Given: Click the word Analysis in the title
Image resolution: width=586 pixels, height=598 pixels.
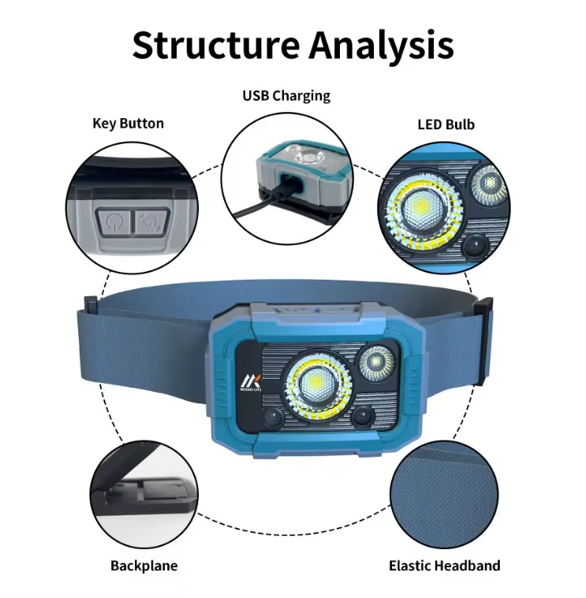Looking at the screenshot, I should tap(382, 45).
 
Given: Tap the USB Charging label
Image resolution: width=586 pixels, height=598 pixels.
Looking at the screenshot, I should tap(286, 96).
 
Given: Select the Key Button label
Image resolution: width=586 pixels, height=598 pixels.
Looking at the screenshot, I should tap(128, 123).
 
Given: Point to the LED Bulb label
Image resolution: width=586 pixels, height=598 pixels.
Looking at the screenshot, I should tap(446, 124).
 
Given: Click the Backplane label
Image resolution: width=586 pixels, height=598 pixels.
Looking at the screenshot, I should tap(144, 566).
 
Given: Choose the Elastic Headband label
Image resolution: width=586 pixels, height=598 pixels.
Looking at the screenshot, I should tap(444, 566).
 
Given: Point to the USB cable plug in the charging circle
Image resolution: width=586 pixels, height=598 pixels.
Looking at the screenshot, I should tap(286, 189).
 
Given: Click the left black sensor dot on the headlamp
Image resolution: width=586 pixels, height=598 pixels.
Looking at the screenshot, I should tap(270, 418).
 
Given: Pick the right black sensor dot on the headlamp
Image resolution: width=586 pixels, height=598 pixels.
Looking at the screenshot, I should tap(362, 417).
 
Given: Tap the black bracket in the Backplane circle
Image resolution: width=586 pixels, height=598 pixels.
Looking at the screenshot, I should tap(143, 497).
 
